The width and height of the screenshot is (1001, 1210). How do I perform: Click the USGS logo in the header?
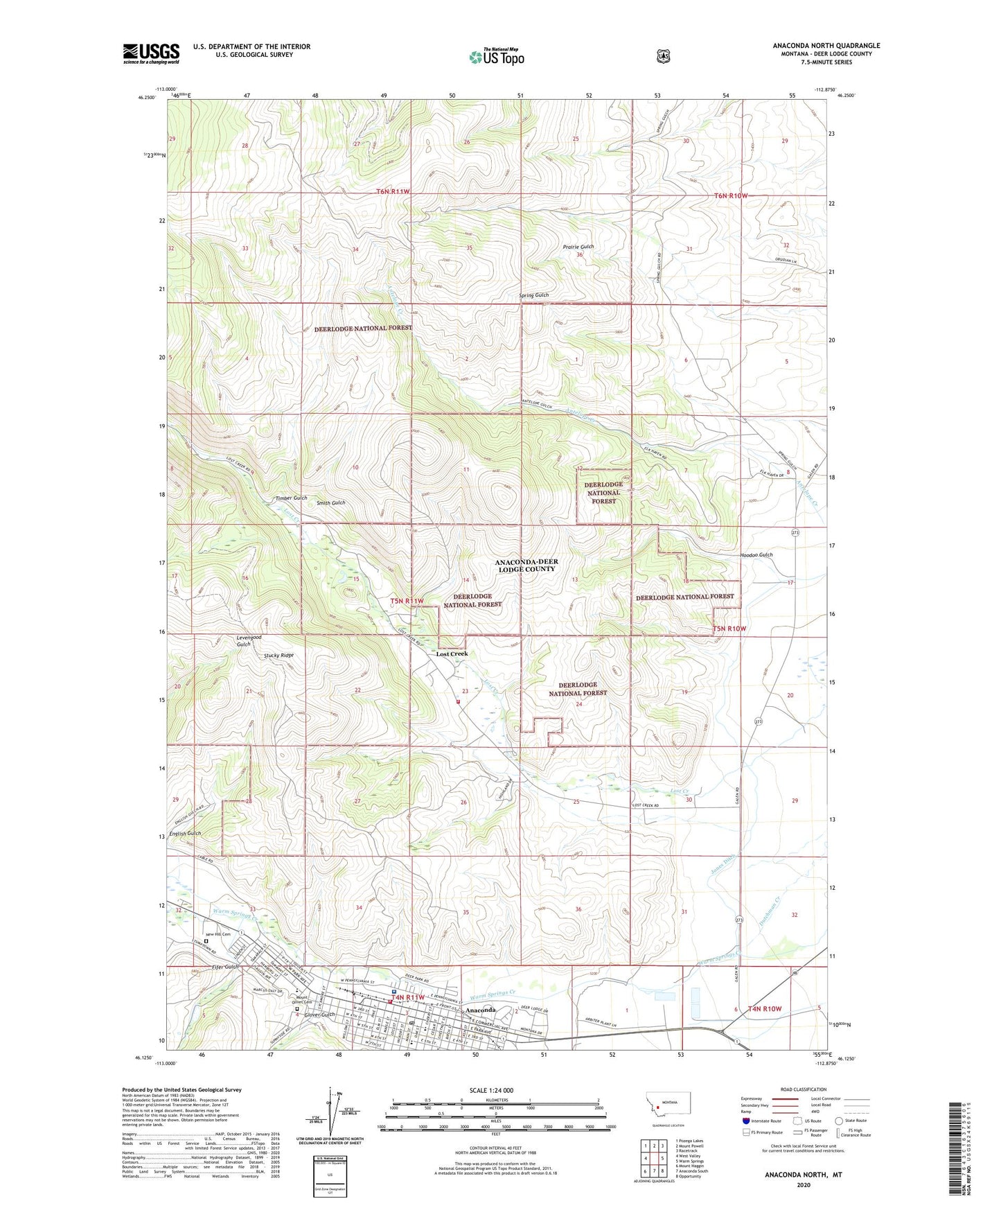coord(151,53)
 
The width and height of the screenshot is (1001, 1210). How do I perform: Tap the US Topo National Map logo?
coord(495,56)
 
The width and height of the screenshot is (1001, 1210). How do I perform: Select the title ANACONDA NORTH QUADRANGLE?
coord(826,46)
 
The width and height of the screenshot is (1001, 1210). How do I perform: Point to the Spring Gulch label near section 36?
coord(533,295)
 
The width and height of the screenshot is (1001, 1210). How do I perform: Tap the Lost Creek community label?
coord(452,654)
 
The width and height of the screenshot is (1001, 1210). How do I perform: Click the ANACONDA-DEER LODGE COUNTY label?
coord(526,565)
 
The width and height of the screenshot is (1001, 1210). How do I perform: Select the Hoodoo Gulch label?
coord(756,554)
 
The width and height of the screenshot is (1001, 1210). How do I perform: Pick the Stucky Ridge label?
coord(278,655)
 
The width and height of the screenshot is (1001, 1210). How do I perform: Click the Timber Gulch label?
coord(291,498)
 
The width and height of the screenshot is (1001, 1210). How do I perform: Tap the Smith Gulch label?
coord(330,503)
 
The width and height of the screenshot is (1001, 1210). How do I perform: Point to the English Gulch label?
coord(185,834)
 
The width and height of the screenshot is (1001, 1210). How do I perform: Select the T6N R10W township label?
coord(731,196)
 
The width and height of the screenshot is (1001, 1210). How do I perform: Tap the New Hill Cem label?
coord(216,934)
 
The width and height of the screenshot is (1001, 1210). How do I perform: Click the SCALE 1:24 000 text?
coord(491,1091)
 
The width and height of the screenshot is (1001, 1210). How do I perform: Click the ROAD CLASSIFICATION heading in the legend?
coord(803,1089)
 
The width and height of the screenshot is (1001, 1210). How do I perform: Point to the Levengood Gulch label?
coord(249,640)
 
